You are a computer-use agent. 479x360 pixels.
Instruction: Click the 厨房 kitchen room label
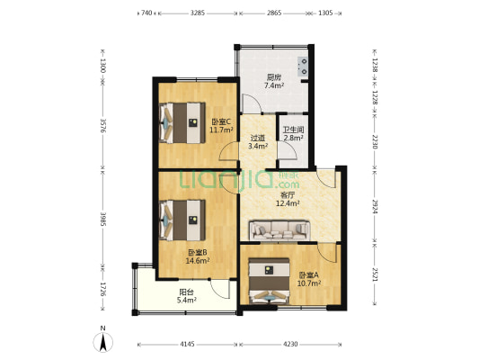point(274,77)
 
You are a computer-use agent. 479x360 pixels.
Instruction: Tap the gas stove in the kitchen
point(303,67)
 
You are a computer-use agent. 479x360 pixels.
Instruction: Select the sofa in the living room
point(279,230)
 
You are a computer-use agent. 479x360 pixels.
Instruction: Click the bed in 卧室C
point(182,122)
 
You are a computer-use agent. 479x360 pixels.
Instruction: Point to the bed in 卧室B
point(182,220)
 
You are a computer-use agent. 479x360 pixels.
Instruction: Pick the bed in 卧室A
point(269,282)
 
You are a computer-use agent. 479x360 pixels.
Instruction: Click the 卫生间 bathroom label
point(293,130)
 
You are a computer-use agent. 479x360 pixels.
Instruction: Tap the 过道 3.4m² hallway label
point(258,142)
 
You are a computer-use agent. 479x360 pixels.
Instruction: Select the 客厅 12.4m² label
point(288,199)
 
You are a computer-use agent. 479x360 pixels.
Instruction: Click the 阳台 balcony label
point(186,292)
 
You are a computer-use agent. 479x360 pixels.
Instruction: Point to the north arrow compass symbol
point(103,341)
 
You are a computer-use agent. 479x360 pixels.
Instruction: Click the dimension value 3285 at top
point(198,13)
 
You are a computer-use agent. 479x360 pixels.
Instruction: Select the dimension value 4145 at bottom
point(187,345)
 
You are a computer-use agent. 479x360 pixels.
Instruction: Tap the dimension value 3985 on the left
point(103,219)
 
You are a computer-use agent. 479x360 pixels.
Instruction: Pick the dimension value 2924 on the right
point(375,206)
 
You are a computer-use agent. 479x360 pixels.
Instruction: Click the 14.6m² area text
point(198,261)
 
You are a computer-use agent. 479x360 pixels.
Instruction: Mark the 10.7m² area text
point(309,283)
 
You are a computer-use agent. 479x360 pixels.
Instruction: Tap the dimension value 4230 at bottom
point(290,345)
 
